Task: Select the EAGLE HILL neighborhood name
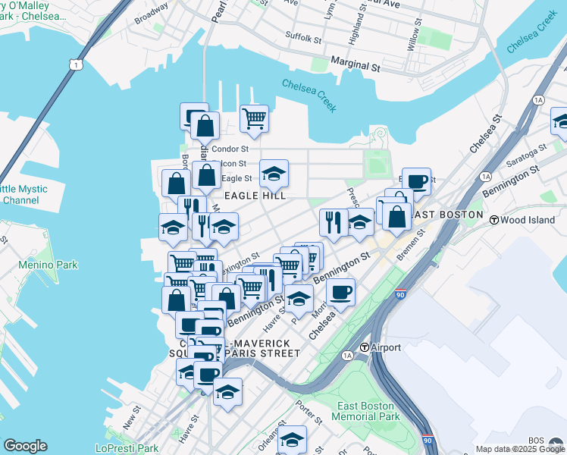[255, 196]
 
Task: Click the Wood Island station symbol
[494, 220]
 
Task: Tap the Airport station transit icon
[365, 347]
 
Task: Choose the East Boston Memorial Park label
[369, 411]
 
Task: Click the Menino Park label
[48, 265]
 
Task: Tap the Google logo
[25, 446]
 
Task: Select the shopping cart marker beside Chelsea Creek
[254, 118]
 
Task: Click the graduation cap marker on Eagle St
[274, 174]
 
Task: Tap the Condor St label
[230, 149]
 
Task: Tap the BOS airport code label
[537, 441]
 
